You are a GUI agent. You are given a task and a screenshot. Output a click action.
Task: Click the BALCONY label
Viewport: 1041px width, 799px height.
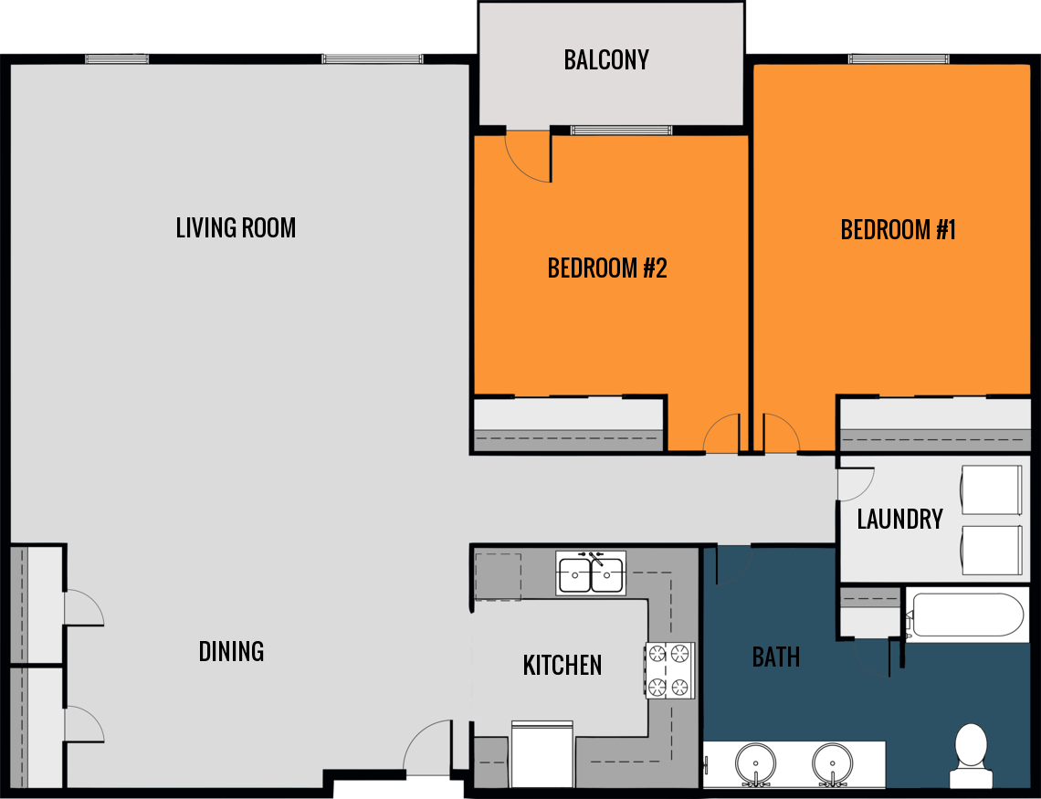[606, 60]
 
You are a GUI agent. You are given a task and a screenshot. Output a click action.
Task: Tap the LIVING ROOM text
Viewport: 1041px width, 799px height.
[236, 227]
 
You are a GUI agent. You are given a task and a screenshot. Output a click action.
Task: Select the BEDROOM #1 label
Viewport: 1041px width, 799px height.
[898, 229]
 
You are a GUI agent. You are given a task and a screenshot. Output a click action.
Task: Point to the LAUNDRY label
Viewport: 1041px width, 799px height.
[899, 520]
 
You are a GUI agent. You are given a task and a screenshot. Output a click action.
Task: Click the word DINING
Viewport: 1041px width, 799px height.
[231, 651]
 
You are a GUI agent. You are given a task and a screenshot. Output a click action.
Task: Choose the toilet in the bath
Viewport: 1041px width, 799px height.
[970, 754]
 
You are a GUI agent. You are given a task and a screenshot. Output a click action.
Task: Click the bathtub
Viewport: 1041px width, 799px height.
[966, 615]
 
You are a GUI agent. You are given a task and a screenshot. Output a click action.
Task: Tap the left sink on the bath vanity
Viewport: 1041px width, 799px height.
[755, 762]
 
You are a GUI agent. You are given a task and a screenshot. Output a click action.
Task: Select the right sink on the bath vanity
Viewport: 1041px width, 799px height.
[832, 762]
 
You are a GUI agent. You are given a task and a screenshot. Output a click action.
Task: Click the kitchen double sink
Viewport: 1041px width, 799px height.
[591, 573]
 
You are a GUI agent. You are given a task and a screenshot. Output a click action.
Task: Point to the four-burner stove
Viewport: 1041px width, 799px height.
[669, 670]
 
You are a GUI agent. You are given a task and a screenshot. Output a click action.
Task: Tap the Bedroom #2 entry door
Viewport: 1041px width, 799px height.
[721, 435]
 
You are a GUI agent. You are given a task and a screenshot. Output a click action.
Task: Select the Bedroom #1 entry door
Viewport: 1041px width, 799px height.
[780, 435]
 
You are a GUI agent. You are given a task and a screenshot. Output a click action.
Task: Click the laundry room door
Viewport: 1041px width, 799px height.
[856, 484]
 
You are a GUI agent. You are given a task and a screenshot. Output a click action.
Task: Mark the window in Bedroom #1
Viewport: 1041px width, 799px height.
[899, 59]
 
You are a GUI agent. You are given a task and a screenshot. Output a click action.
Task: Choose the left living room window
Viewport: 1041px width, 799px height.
[117, 59]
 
